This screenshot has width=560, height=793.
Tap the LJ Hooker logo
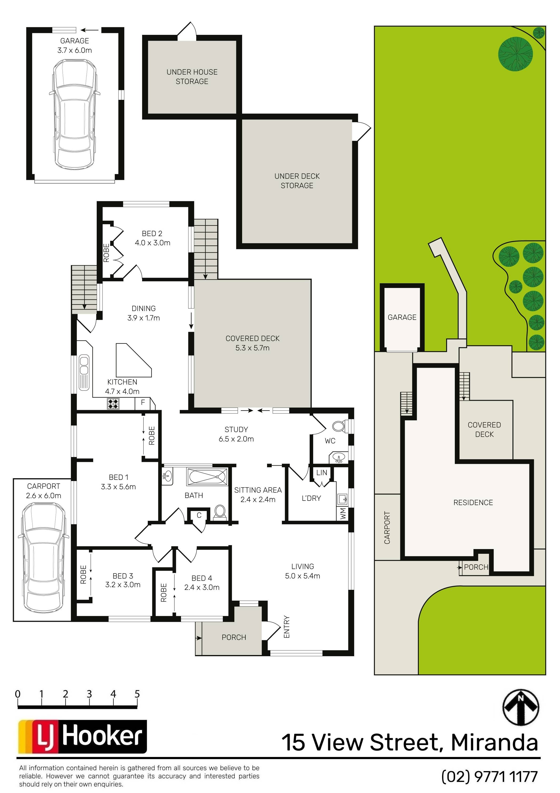[x=83, y=737]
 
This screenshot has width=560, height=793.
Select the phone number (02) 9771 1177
[x=490, y=777]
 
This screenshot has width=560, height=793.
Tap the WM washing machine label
[x=343, y=513]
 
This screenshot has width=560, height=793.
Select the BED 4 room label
[x=202, y=583]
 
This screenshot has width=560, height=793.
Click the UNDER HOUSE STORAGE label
[x=192, y=77]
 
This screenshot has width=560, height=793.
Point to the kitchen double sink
[x=84, y=373]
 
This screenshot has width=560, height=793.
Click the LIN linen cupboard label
[x=321, y=473]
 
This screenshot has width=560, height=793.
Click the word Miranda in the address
[x=494, y=742]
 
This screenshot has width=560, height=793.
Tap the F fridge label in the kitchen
[x=143, y=402]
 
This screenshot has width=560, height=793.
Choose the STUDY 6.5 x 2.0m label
[x=236, y=434]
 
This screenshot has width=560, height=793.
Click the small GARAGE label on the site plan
[x=402, y=317]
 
